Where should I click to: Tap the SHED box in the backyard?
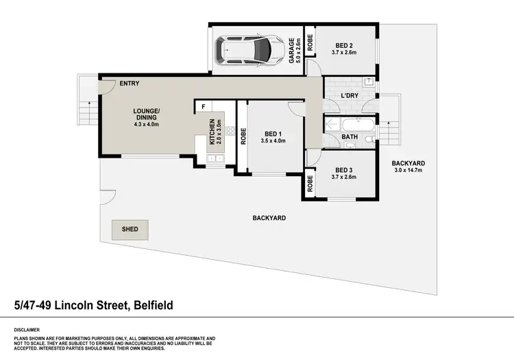[x=130, y=230]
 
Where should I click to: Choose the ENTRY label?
[x=129, y=84]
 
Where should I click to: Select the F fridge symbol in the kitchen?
[x=204, y=107]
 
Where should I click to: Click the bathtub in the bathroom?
[x=355, y=126]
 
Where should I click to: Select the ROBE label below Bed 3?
[x=310, y=183]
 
